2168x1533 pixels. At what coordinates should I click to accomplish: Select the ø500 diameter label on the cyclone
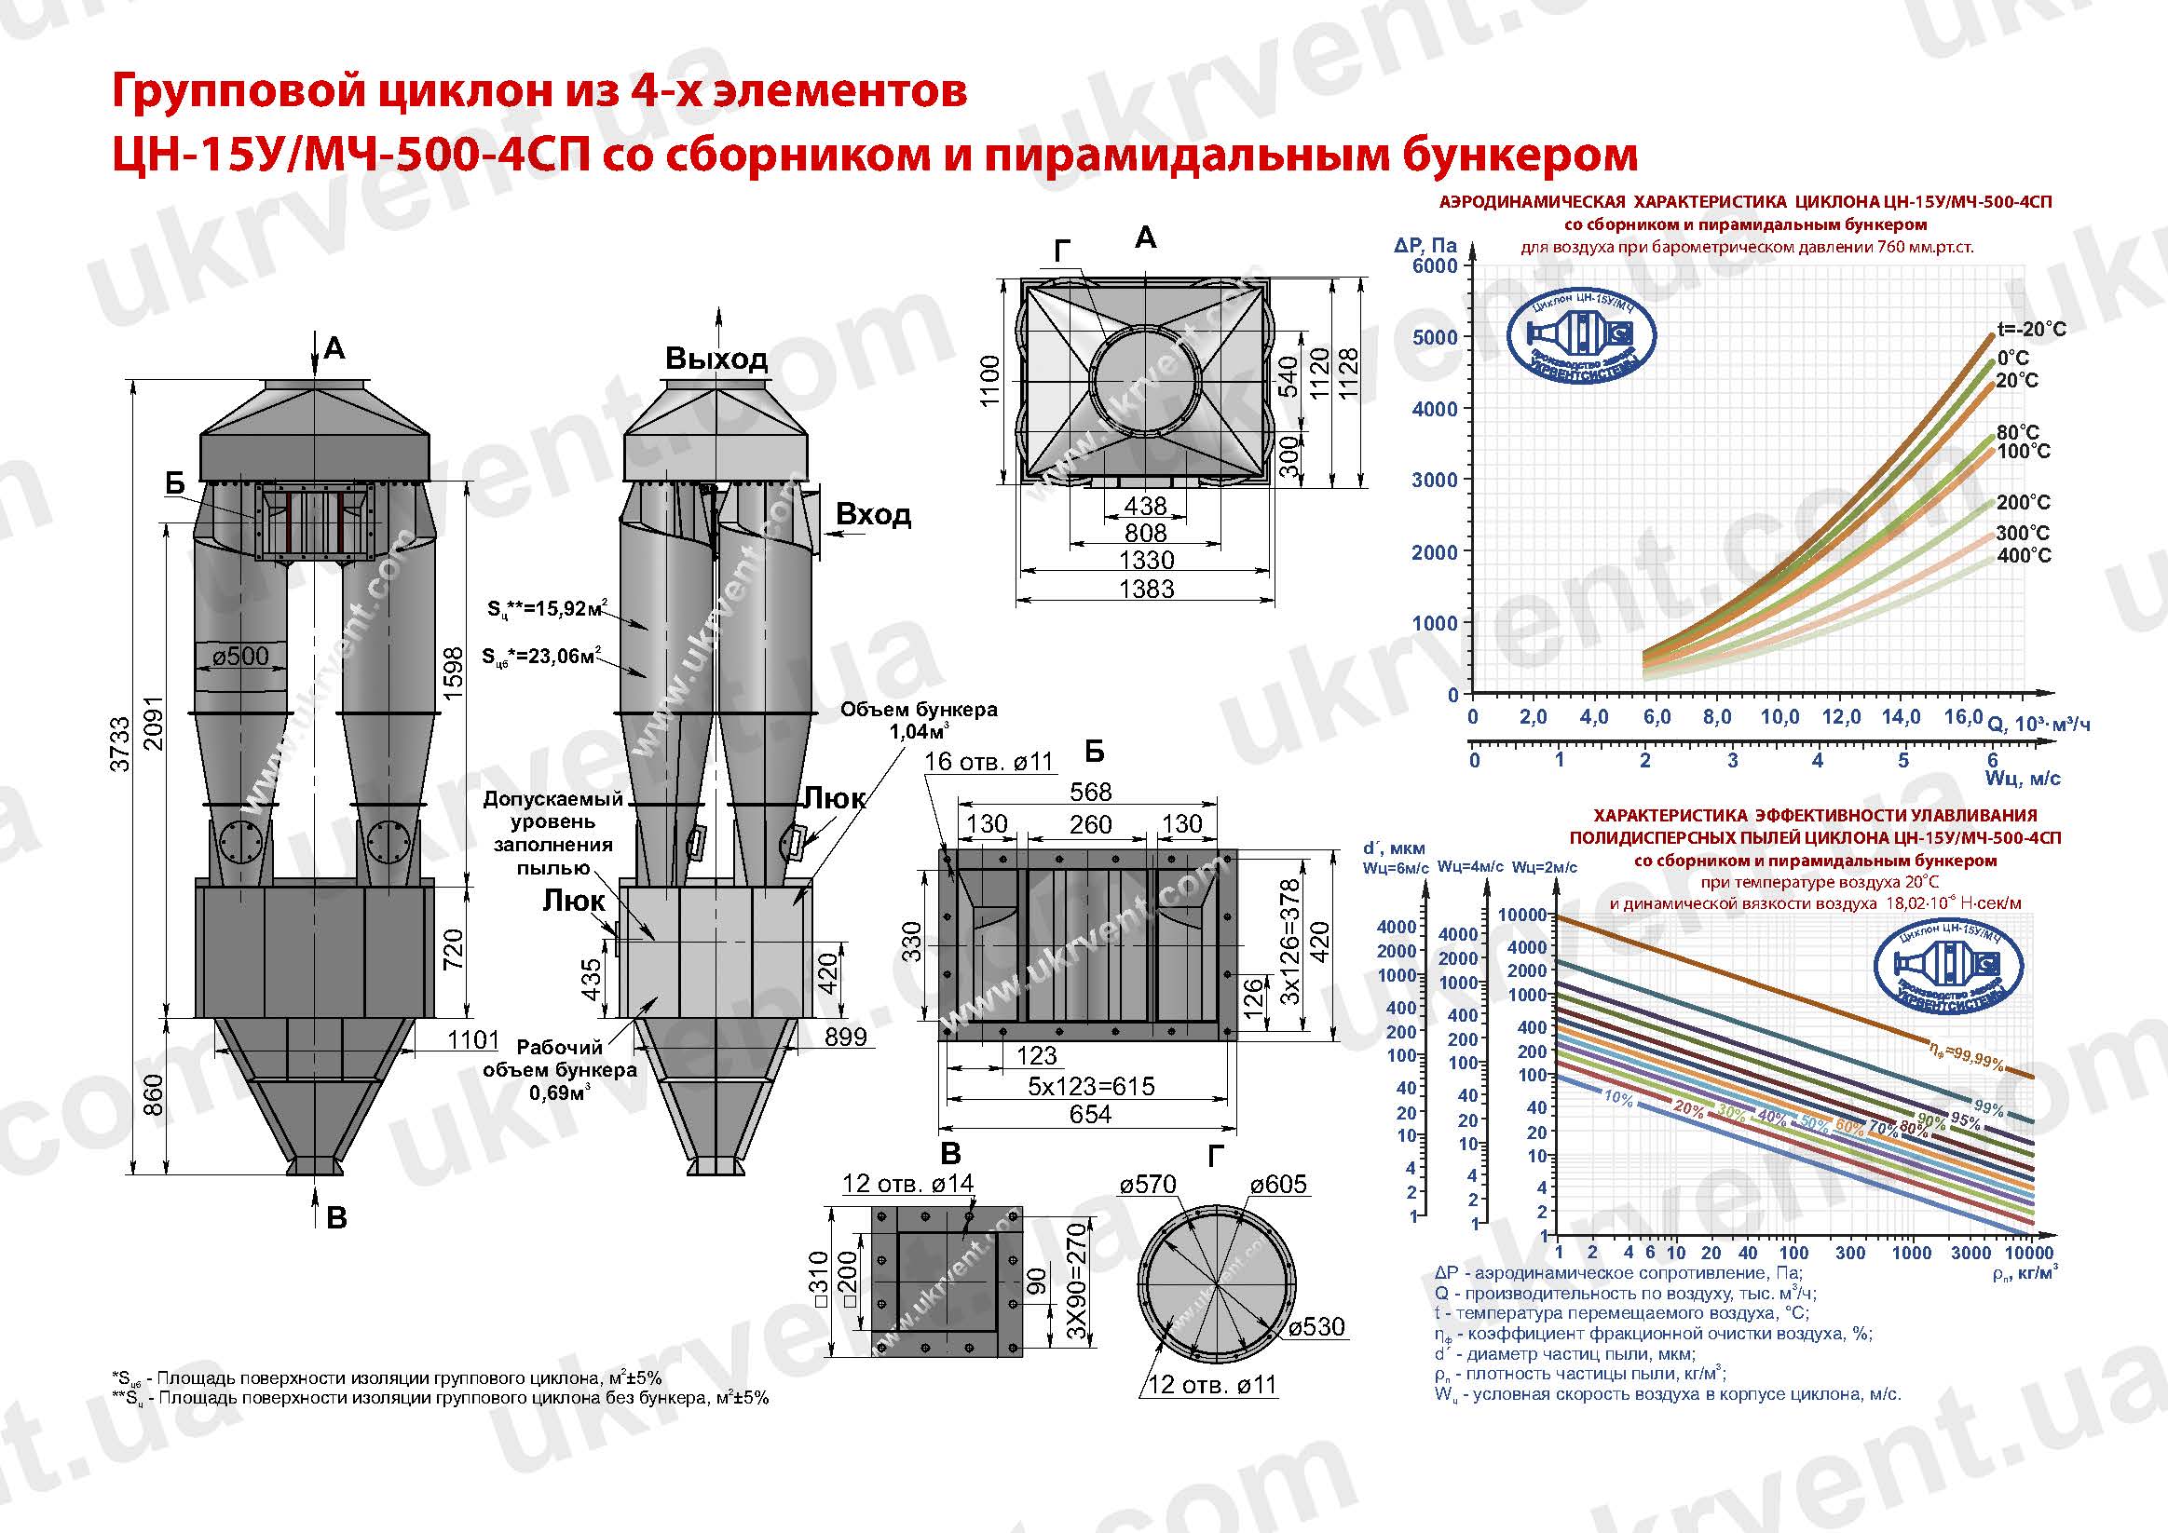click(x=239, y=656)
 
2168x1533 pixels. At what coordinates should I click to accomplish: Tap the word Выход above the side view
click(x=716, y=360)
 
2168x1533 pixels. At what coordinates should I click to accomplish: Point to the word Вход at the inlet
click(x=873, y=515)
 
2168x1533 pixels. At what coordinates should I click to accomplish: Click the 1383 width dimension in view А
click(x=1145, y=588)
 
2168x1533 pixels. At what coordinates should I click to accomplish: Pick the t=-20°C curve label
click(x=2031, y=330)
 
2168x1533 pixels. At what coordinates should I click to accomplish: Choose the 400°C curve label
click(x=2024, y=555)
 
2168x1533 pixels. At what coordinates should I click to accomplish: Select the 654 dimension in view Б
click(x=1090, y=1114)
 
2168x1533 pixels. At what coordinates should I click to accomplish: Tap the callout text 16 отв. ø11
click(x=988, y=762)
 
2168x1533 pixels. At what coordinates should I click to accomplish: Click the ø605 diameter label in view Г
click(x=1277, y=1185)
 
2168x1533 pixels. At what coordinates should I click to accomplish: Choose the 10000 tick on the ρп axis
click(x=2028, y=1253)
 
